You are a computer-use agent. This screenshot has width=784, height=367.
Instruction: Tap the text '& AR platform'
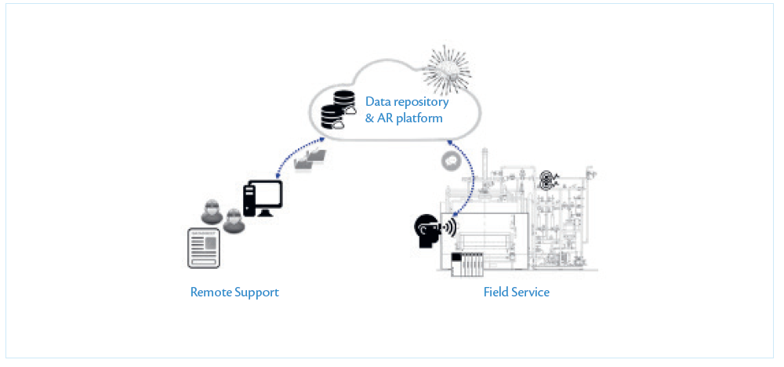click(x=404, y=118)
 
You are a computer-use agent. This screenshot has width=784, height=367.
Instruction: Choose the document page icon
click(x=204, y=249)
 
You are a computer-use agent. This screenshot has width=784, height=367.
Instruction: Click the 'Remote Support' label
click(x=234, y=293)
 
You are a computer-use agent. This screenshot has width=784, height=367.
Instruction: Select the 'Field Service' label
click(x=516, y=293)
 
